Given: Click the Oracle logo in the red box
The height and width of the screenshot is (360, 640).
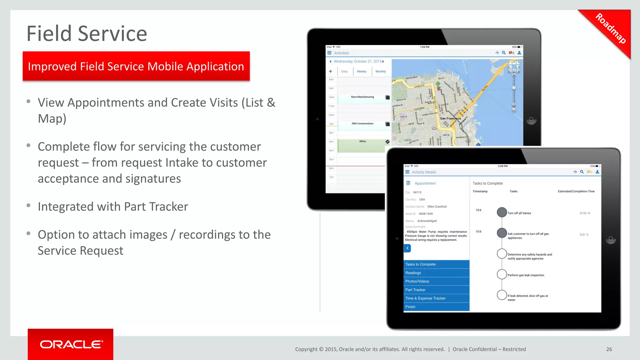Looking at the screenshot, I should [x=71, y=344].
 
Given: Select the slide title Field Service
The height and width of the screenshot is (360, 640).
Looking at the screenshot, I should [x=87, y=33].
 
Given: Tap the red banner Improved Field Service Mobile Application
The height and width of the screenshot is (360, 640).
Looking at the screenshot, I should [x=136, y=66].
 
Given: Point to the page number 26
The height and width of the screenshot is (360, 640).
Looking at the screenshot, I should [x=609, y=349].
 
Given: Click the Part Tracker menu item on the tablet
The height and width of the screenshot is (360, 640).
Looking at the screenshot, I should [x=415, y=290].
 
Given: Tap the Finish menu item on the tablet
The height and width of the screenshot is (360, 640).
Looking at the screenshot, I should [x=410, y=307].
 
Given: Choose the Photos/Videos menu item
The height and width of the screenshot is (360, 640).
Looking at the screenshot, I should [x=417, y=281].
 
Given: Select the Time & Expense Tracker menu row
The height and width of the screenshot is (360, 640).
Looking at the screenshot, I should [x=425, y=298].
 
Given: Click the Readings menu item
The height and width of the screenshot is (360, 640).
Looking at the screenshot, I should [x=413, y=273].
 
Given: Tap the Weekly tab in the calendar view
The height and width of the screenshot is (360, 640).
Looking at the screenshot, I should [x=362, y=72].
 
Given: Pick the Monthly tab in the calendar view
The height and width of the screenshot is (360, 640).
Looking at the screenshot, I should [x=381, y=72].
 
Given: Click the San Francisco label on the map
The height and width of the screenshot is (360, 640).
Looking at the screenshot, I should [x=450, y=118].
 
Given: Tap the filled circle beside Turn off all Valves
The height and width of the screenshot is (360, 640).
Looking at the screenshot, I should [x=502, y=212].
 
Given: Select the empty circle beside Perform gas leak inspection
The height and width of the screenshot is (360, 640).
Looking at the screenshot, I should [x=502, y=274].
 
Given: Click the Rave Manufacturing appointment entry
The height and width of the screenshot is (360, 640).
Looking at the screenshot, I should [x=362, y=97].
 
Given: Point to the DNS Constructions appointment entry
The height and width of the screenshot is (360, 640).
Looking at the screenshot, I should [x=362, y=123].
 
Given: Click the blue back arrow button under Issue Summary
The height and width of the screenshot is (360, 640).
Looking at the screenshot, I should [x=407, y=248].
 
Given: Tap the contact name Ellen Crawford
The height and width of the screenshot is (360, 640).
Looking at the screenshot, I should [x=437, y=207].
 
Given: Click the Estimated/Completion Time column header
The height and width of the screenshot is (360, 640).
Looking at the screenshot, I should [x=576, y=191].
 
